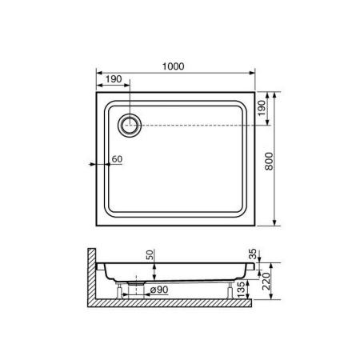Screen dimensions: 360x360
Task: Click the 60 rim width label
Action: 116,159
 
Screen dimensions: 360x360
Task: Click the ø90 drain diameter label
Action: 160,289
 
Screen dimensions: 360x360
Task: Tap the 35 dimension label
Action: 254,254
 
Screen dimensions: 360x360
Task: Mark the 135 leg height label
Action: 254,288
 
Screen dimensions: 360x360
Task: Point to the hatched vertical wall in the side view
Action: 90,276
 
